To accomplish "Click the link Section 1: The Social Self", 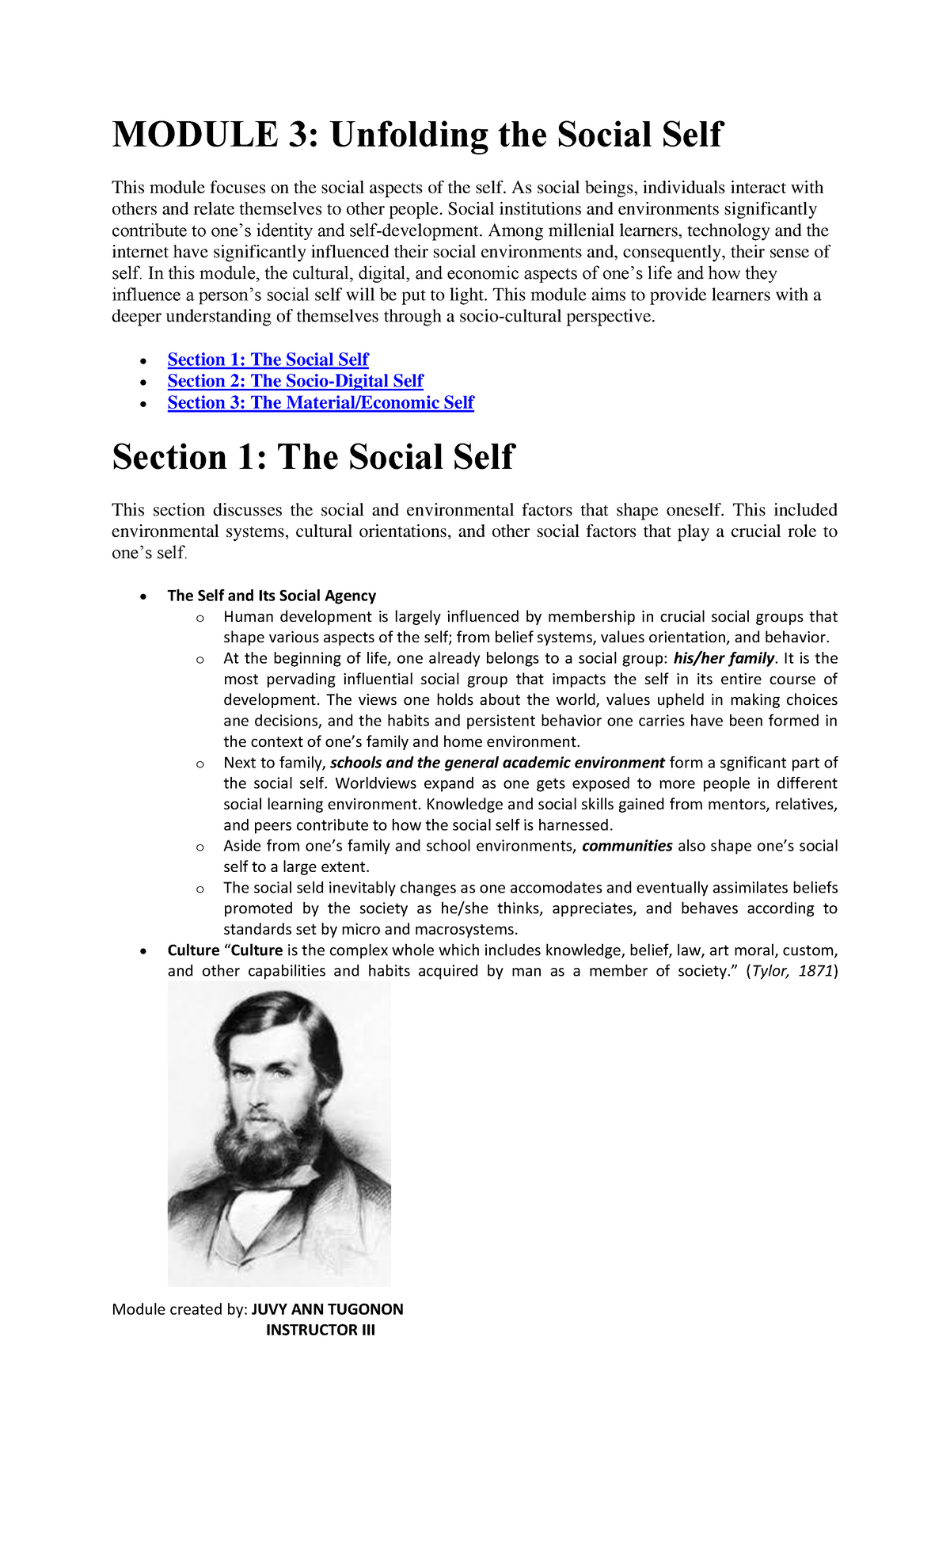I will [x=268, y=360].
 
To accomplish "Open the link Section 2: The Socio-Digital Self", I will [x=295, y=381].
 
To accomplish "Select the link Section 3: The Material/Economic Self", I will [x=321, y=402].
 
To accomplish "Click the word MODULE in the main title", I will [x=195, y=135].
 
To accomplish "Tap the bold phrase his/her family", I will [x=724, y=658].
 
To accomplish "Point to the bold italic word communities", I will [x=627, y=846].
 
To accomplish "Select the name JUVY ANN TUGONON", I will [x=327, y=1309].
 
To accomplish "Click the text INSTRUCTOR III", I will [x=320, y=1330].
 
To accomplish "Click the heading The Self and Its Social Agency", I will [x=272, y=596].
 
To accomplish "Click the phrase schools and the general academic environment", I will [x=497, y=763].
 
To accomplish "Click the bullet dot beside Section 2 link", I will [x=142, y=383].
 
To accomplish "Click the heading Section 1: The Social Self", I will [x=313, y=458].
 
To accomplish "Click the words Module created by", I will [x=180, y=1309].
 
